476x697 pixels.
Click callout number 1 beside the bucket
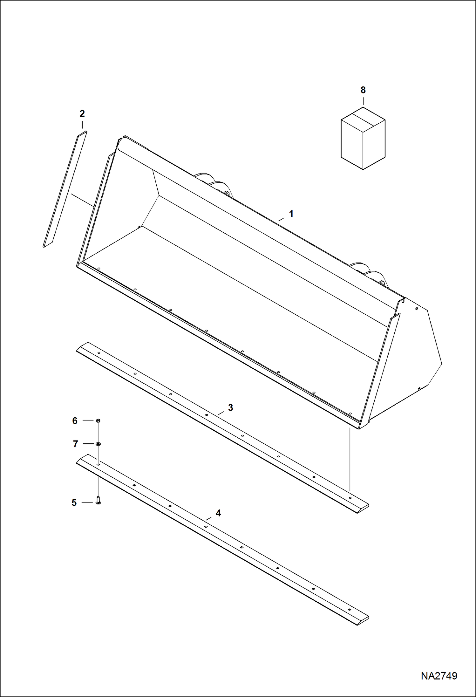pyautogui.click(x=291, y=214)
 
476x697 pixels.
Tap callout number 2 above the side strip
pyautogui.click(x=82, y=114)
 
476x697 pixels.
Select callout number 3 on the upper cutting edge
pyautogui.click(x=230, y=407)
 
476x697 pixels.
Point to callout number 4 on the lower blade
pyautogui.click(x=218, y=513)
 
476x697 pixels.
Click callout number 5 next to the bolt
pyautogui.click(x=74, y=502)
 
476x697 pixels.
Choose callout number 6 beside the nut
pyautogui.click(x=75, y=421)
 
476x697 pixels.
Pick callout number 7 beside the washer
pyautogui.click(x=75, y=444)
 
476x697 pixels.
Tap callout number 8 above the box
pyautogui.click(x=363, y=90)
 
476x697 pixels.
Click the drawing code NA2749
pyautogui.click(x=439, y=676)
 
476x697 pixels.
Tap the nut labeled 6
pyautogui.click(x=98, y=420)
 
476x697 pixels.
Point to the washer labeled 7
pyautogui.click(x=98, y=444)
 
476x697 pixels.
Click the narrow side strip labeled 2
pyautogui.click(x=65, y=189)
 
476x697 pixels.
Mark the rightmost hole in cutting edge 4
pyautogui.click(x=349, y=610)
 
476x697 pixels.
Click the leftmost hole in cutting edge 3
pyautogui.click(x=99, y=353)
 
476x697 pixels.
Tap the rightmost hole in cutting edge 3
pyautogui.click(x=350, y=498)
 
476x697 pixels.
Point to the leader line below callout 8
pyautogui.click(x=363, y=101)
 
